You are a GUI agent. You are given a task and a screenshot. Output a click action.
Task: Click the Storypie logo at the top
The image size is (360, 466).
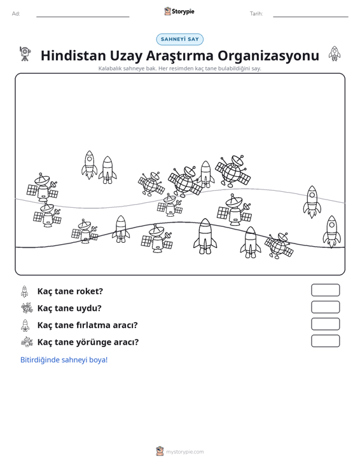[x=179, y=11]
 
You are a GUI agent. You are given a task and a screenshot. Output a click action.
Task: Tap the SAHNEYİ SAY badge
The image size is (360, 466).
[x=180, y=39]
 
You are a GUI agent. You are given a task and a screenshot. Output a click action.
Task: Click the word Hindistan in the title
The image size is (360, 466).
[x=73, y=55]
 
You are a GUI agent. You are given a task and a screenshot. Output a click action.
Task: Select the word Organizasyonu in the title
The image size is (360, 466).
[x=268, y=56]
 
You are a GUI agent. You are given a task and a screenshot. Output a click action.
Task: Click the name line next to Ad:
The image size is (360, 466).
[x=83, y=17]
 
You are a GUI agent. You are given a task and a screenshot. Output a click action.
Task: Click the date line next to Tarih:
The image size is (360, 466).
[x=310, y=17]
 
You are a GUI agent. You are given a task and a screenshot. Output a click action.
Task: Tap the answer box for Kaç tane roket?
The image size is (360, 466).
[x=325, y=290]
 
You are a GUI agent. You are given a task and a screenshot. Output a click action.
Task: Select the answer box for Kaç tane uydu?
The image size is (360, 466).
[x=325, y=307]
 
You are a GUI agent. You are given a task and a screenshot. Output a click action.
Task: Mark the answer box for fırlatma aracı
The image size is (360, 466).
[x=325, y=324]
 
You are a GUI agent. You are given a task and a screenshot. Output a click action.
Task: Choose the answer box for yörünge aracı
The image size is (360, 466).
[x=325, y=341]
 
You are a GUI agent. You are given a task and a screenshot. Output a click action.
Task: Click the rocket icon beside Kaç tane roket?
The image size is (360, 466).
[x=25, y=291]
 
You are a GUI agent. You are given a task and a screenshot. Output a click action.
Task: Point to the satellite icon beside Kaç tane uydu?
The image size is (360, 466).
[x=27, y=308]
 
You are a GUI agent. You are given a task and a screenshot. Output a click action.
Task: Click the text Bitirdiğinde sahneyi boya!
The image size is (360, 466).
[x=64, y=360]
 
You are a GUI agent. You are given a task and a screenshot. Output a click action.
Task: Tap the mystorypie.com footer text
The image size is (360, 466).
[x=185, y=452]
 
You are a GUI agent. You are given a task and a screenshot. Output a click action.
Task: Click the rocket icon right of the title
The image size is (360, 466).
[x=335, y=54]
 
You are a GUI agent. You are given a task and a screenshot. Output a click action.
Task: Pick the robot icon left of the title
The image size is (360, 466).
[x=25, y=54]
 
